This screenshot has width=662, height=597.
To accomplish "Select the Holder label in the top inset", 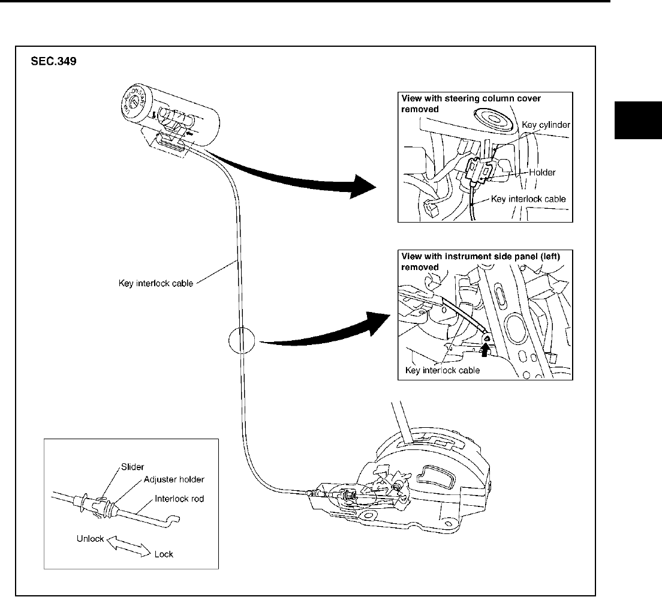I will (542, 172).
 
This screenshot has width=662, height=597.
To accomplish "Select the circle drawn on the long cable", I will (242, 342).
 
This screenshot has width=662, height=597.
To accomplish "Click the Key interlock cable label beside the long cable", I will (155, 283).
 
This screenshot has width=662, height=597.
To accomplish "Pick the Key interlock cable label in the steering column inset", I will (528, 199).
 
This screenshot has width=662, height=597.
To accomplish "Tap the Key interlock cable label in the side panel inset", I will (443, 370).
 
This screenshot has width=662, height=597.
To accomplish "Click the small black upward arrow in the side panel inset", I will (485, 346).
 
